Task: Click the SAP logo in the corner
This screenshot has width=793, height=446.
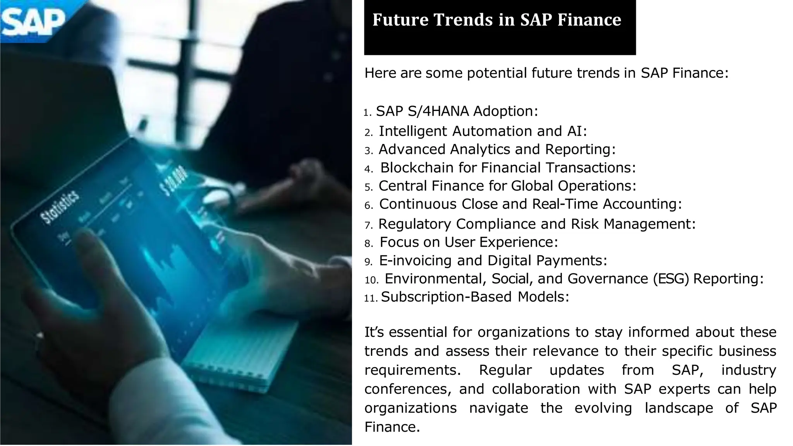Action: [x=33, y=21]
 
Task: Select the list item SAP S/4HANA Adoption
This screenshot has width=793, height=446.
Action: [x=457, y=111]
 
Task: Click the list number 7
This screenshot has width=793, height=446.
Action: [x=369, y=225]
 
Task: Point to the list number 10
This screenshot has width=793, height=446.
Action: [x=371, y=280]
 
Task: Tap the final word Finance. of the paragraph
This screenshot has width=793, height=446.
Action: [x=392, y=427]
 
